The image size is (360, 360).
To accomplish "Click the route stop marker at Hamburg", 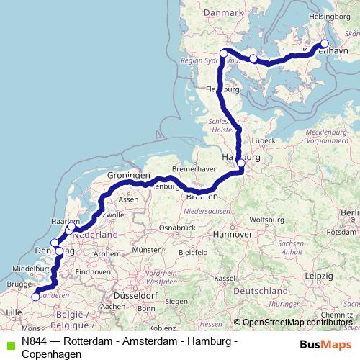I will [x=240, y=163].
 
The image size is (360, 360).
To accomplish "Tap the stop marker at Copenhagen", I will [x=323, y=43].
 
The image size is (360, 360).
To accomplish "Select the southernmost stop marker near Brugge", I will [x=35, y=296].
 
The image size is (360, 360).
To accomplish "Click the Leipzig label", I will [x=318, y=276].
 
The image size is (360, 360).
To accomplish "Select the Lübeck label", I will [x=264, y=140].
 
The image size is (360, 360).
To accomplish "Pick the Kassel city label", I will [x=225, y=278].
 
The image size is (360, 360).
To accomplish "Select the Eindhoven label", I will [x=91, y=271].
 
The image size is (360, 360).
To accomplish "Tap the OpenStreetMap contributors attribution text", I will [x=295, y=323].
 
